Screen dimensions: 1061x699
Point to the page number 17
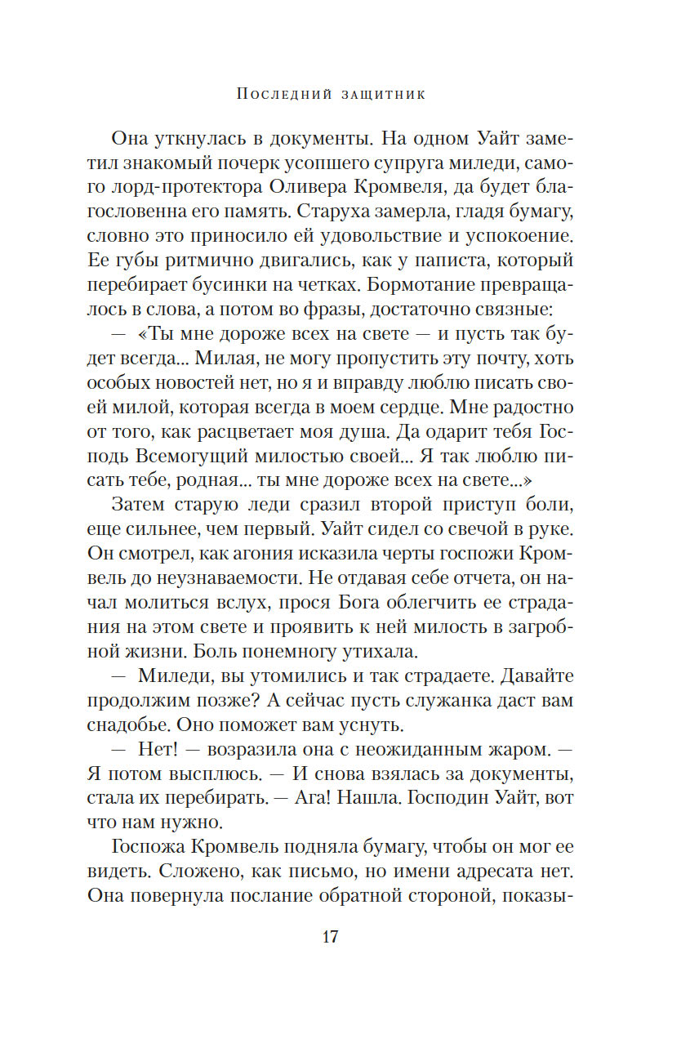click(x=329, y=936)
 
